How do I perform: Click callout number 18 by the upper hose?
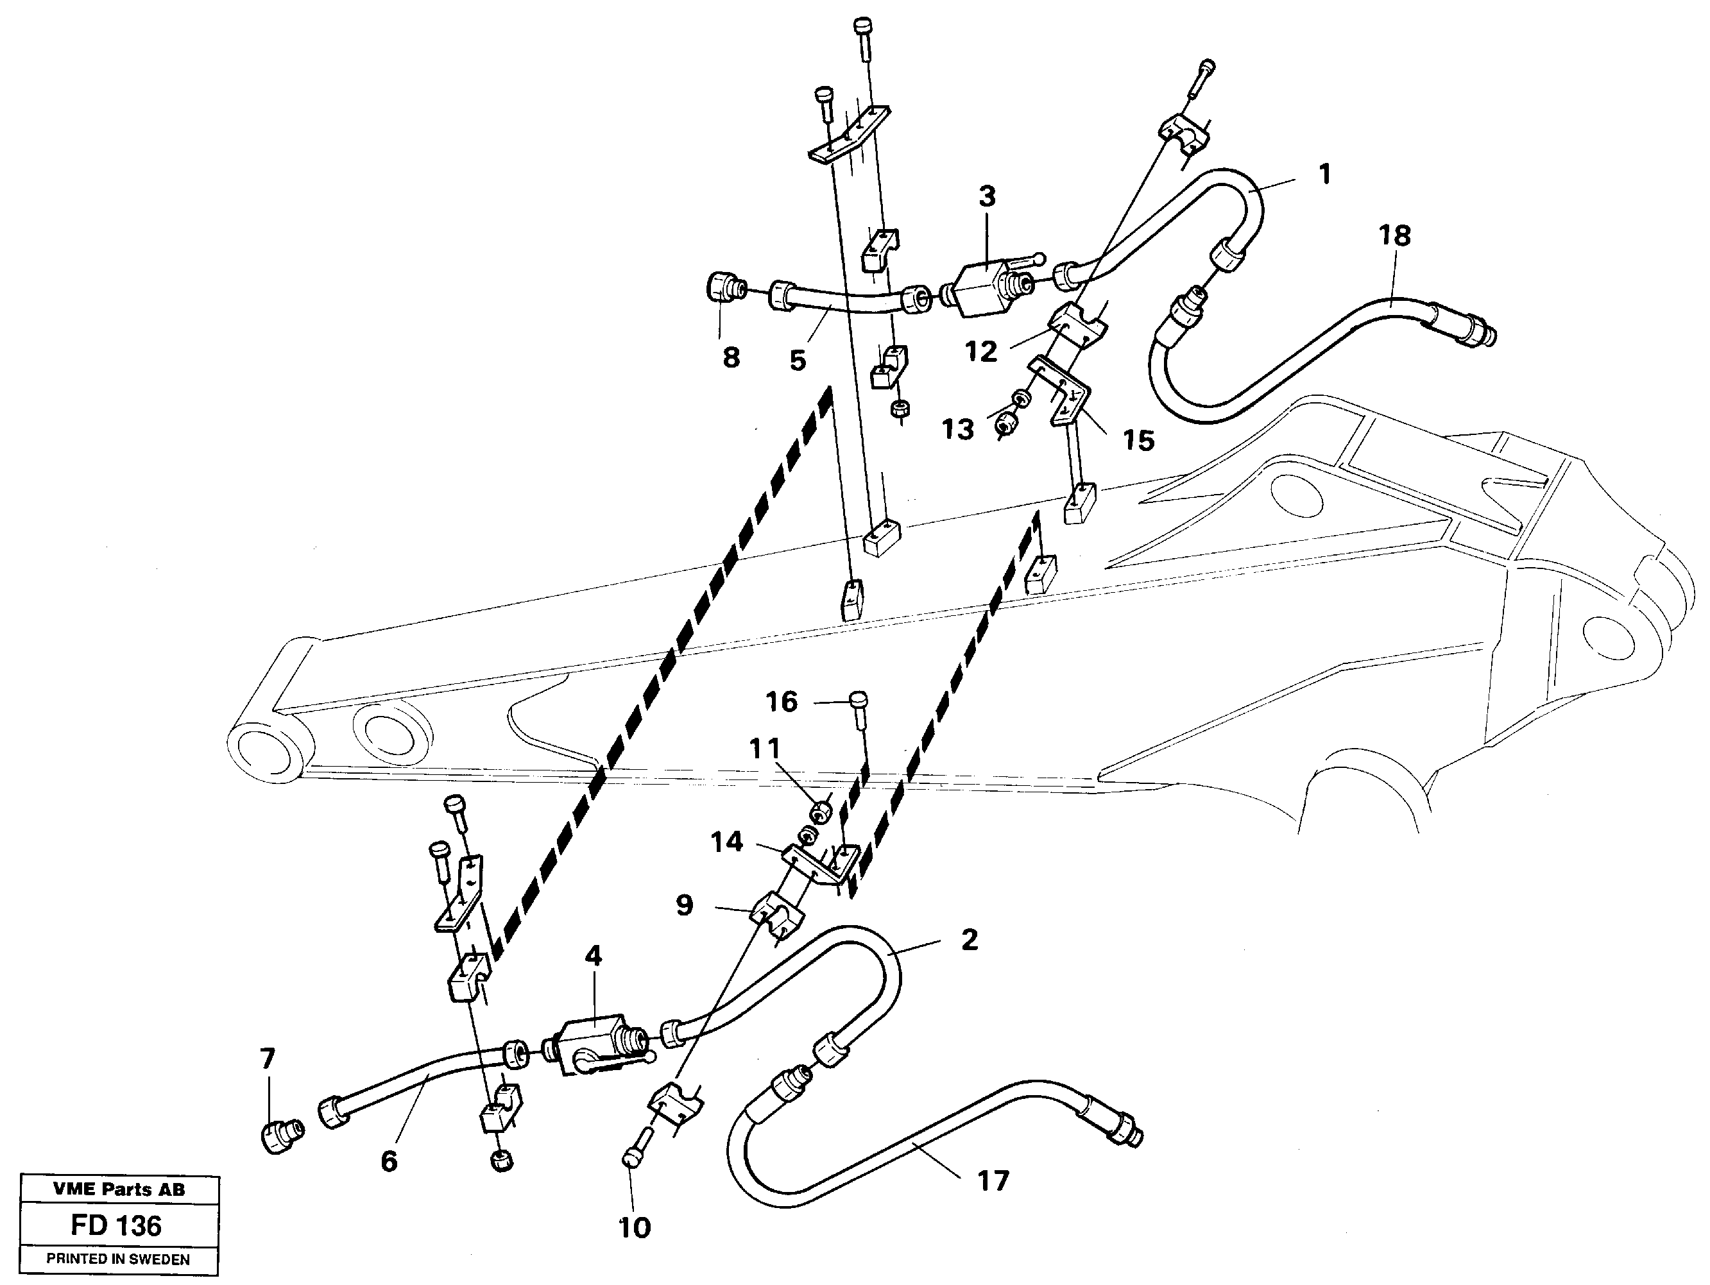click(1394, 235)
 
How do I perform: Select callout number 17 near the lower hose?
click(993, 1180)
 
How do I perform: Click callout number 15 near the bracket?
click(1138, 441)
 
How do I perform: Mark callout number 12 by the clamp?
click(981, 352)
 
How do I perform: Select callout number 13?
click(958, 429)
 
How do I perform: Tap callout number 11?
click(765, 748)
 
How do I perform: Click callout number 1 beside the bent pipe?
click(1325, 174)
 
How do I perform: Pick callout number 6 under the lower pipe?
click(389, 1161)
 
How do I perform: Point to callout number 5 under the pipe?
click(798, 360)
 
